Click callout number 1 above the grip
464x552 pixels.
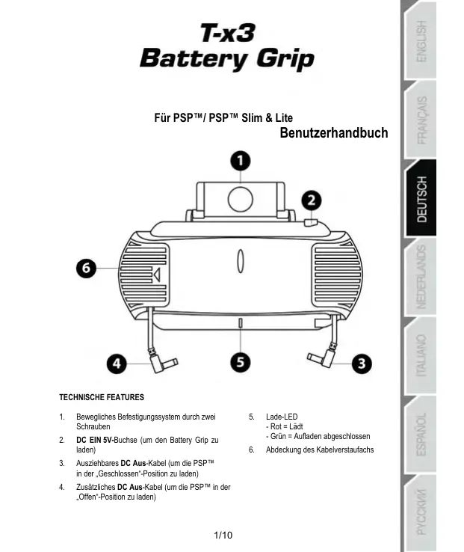(x=238, y=161)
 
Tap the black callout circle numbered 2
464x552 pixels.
(x=311, y=200)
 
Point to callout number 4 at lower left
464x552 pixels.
(x=115, y=364)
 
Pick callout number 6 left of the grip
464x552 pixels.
(x=88, y=268)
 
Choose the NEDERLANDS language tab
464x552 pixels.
(x=422, y=277)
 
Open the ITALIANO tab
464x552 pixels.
(x=422, y=356)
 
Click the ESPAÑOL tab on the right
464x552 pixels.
(x=422, y=434)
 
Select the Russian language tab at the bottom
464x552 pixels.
(x=422, y=513)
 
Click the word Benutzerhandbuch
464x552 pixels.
(x=333, y=133)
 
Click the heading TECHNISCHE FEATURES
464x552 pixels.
(x=101, y=396)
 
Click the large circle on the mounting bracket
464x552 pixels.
(x=239, y=198)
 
